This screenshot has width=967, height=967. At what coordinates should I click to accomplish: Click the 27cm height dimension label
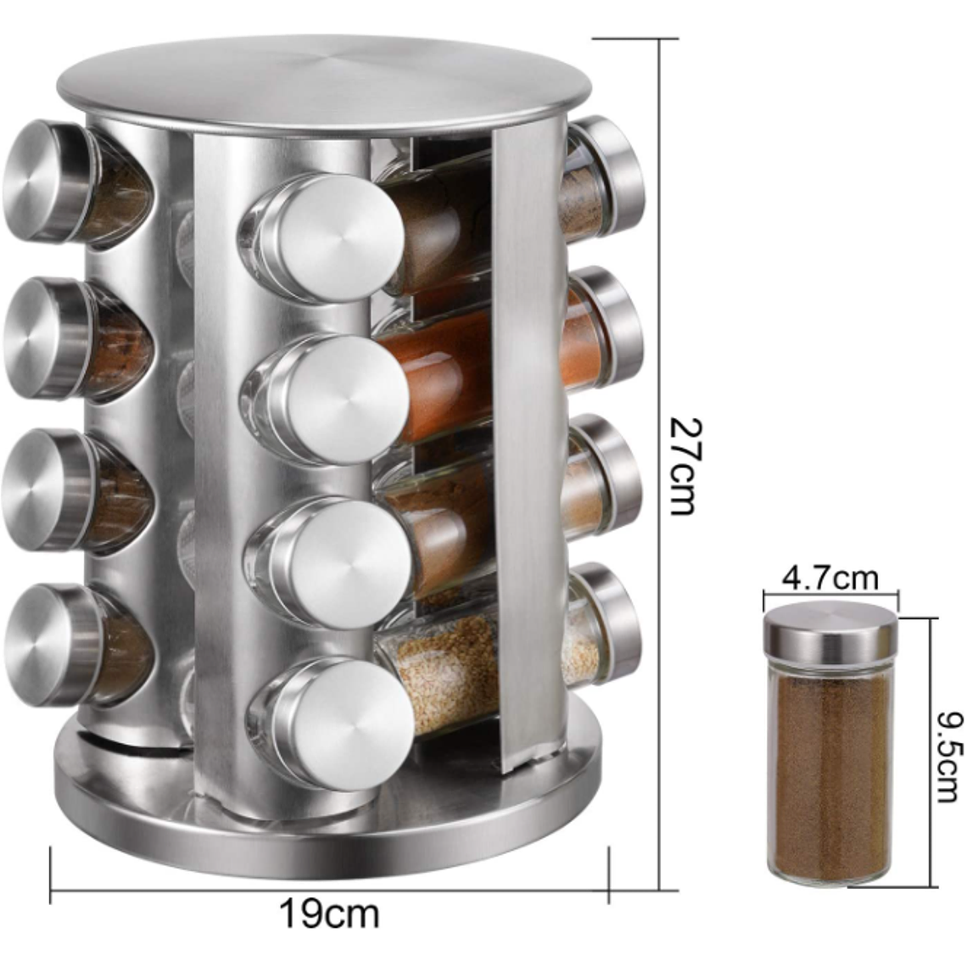[x=683, y=465]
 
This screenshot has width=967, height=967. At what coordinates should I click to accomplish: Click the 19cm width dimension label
[x=329, y=914]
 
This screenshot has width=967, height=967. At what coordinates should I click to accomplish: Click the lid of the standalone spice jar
[x=830, y=633]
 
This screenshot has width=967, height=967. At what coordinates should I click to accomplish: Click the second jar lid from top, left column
[x=41, y=338]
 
